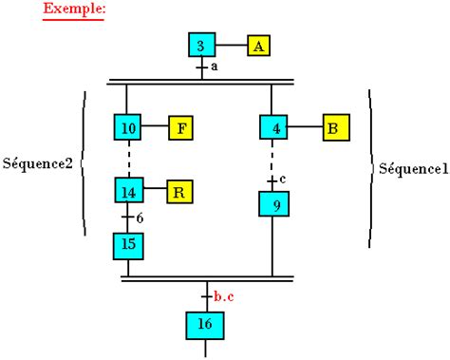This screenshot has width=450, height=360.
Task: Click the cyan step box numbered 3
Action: [x=201, y=46]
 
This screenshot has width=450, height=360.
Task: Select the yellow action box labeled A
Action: [x=259, y=46]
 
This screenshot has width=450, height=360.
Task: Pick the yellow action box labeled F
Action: [x=181, y=126]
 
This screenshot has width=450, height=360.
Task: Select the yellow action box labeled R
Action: [x=181, y=190]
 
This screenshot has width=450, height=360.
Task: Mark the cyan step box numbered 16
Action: [x=204, y=325]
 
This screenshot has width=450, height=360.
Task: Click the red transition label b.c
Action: [x=224, y=297]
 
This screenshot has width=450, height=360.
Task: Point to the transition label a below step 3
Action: [x=215, y=68]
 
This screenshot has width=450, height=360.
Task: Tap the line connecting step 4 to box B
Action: [x=304, y=126]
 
